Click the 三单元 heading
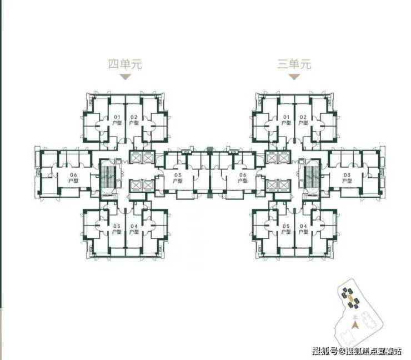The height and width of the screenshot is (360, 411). pyautogui.click(x=294, y=64)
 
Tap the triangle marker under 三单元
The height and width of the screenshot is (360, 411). pyautogui.click(x=294, y=77)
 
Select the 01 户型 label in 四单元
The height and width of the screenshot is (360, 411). pyautogui.click(x=117, y=119)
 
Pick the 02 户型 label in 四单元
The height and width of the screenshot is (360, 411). pyautogui.click(x=134, y=119)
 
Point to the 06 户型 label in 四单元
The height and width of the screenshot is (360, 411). pyautogui.click(x=73, y=178)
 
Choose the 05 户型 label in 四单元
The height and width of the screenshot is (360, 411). pyautogui.click(x=117, y=229)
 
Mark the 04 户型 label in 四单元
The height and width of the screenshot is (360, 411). pyautogui.click(x=134, y=229)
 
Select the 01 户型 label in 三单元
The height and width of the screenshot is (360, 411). pyautogui.click(x=287, y=119)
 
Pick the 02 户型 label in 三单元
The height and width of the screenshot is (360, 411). pyautogui.click(x=303, y=119)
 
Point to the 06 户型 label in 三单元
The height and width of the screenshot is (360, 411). pyautogui.click(x=242, y=178)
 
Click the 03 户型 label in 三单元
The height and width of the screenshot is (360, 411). pyautogui.click(x=347, y=178)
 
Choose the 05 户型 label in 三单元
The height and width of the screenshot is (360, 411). pyautogui.click(x=286, y=229)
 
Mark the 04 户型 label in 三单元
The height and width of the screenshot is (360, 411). pyautogui.click(x=303, y=229)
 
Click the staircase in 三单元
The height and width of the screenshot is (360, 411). pyautogui.click(x=311, y=177)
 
